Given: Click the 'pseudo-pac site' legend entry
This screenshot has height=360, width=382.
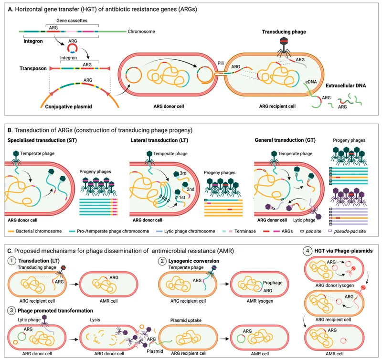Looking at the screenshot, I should tap(353, 231).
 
